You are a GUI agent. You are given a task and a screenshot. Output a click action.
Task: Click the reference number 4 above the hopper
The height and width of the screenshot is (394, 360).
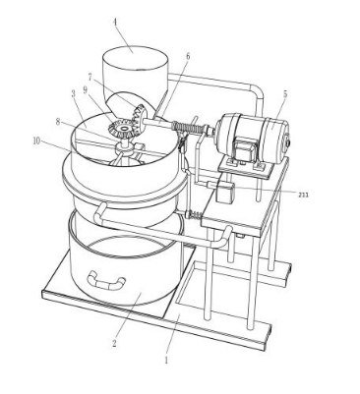click(115, 23)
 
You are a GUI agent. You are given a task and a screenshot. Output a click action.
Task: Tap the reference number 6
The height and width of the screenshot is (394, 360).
click(188, 56)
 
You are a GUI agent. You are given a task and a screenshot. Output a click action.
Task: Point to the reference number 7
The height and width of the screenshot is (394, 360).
click(90, 77)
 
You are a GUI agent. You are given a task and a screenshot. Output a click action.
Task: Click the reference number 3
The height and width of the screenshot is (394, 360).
click(73, 94)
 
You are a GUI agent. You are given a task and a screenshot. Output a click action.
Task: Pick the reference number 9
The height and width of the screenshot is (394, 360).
click(86, 90)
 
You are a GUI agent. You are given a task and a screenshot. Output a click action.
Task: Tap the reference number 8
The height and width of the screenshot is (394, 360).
click(58, 122)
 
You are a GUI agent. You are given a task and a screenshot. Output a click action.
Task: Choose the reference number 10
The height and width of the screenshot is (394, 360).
click(36, 141)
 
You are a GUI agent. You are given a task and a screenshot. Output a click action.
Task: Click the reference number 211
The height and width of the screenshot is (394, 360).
click(304, 195)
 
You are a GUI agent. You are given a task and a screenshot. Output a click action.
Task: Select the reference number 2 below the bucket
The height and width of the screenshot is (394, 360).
click(114, 344)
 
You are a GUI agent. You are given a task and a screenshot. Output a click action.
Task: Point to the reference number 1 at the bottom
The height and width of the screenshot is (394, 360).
click(166, 360)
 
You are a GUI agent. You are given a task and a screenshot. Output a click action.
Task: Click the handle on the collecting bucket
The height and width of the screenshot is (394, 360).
click(106, 281)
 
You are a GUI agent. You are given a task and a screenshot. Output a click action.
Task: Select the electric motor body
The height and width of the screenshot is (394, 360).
click(252, 139)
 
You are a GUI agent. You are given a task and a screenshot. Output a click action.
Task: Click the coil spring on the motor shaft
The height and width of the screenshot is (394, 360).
click(187, 128)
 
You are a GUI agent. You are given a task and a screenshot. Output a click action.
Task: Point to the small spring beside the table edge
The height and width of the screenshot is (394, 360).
click(194, 215)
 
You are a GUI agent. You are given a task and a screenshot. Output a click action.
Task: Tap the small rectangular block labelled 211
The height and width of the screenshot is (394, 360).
click(225, 193)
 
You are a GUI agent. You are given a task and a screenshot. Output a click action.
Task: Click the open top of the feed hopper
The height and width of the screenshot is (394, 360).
click(135, 58)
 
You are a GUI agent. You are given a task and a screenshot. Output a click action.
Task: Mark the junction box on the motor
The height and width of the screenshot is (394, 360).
click(244, 149)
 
